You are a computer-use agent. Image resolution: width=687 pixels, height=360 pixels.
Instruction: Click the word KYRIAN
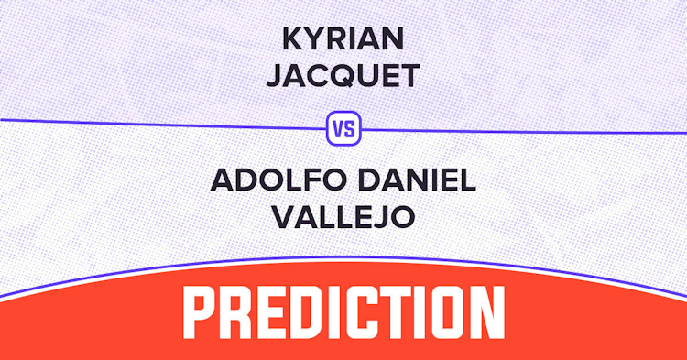343,38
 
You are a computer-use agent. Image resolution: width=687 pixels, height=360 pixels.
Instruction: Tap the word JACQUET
343,75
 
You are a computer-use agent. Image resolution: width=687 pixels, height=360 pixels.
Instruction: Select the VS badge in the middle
343,128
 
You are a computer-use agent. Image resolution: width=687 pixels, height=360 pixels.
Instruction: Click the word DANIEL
418,180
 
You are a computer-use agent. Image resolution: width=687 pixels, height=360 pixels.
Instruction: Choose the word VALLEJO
343,217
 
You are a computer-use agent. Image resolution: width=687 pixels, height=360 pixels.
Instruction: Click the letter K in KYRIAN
293,38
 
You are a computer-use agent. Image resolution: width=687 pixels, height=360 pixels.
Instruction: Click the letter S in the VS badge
350,129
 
